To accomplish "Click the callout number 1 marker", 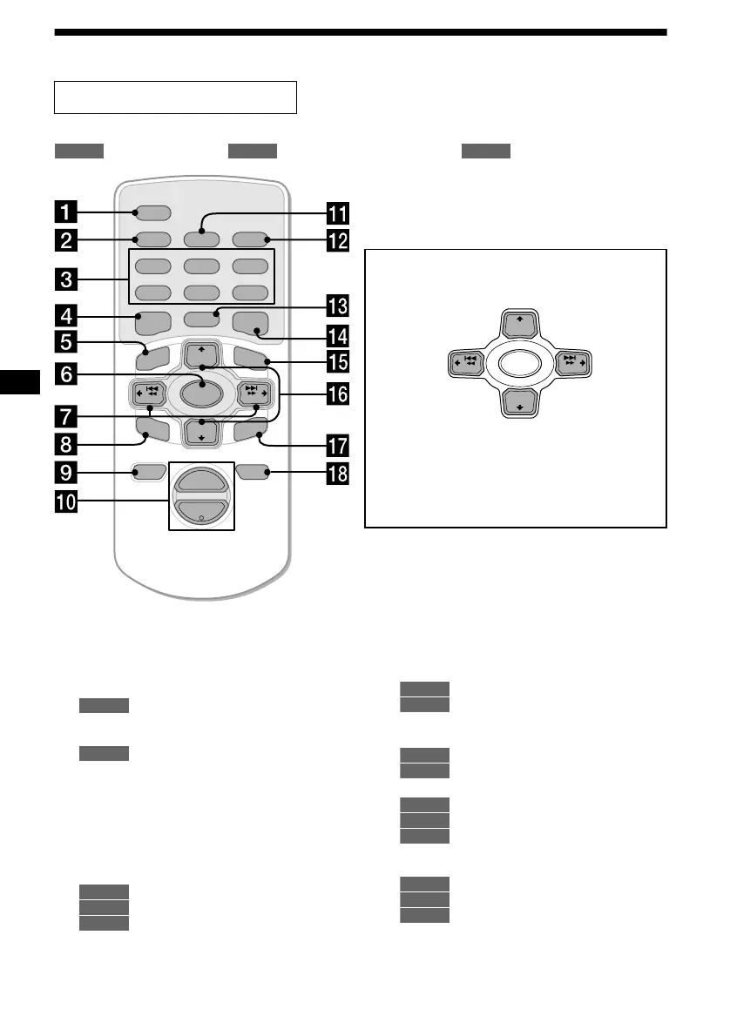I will [x=64, y=212].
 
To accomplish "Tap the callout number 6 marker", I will [x=64, y=374].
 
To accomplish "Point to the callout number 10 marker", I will [x=64, y=502].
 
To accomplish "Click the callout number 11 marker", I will [x=336, y=212].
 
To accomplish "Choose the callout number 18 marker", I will [x=336, y=474].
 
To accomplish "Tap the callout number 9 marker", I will [x=64, y=474].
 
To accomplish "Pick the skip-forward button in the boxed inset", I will [x=571, y=363].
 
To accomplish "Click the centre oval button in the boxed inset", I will [x=519, y=364].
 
